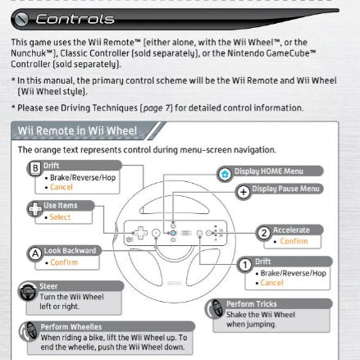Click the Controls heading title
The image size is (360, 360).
click(x=75, y=19)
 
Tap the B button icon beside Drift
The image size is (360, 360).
click(x=35, y=168)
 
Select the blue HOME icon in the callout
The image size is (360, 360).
click(x=225, y=174)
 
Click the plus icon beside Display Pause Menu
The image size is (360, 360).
click(x=244, y=192)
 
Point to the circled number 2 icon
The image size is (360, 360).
click(x=264, y=233)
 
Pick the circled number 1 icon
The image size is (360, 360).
click(x=245, y=265)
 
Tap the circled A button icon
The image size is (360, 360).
click(x=35, y=253)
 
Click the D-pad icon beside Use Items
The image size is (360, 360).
click(x=35, y=209)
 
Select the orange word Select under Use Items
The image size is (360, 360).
click(x=60, y=217)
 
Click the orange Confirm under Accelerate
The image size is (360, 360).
click(x=294, y=241)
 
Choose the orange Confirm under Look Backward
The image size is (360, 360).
click(x=64, y=262)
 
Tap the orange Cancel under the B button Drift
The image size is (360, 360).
click(x=62, y=187)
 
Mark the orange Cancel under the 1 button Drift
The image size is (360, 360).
click(x=272, y=283)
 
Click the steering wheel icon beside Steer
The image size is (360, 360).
click(x=28, y=291)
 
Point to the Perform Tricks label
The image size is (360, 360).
click(x=252, y=304)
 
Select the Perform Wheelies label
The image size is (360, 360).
click(x=71, y=326)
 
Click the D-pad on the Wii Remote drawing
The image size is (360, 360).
click(x=141, y=233)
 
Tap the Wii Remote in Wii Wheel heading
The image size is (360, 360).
click(x=77, y=130)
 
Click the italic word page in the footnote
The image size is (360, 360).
click(x=153, y=108)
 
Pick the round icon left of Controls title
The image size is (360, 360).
click(x=21, y=20)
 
